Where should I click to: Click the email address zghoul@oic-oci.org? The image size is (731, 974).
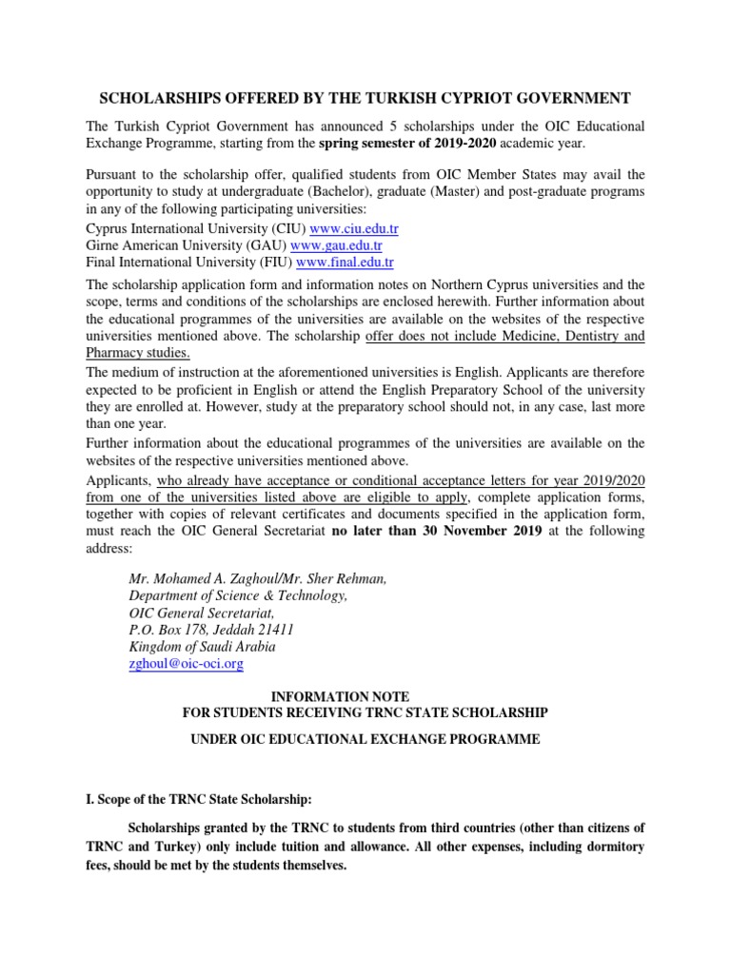point(186,664)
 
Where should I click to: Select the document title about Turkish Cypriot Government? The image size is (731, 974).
point(365,98)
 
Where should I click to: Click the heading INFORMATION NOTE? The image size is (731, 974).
point(365,696)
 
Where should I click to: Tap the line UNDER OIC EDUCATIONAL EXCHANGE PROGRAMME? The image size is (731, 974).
point(365,739)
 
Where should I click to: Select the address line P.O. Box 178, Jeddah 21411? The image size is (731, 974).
point(210,630)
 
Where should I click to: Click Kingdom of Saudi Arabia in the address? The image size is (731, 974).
point(202,647)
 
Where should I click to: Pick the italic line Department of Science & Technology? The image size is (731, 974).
point(238,595)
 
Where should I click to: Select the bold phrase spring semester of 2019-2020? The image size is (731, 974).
point(405,143)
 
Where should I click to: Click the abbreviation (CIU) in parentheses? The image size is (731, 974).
point(287,228)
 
